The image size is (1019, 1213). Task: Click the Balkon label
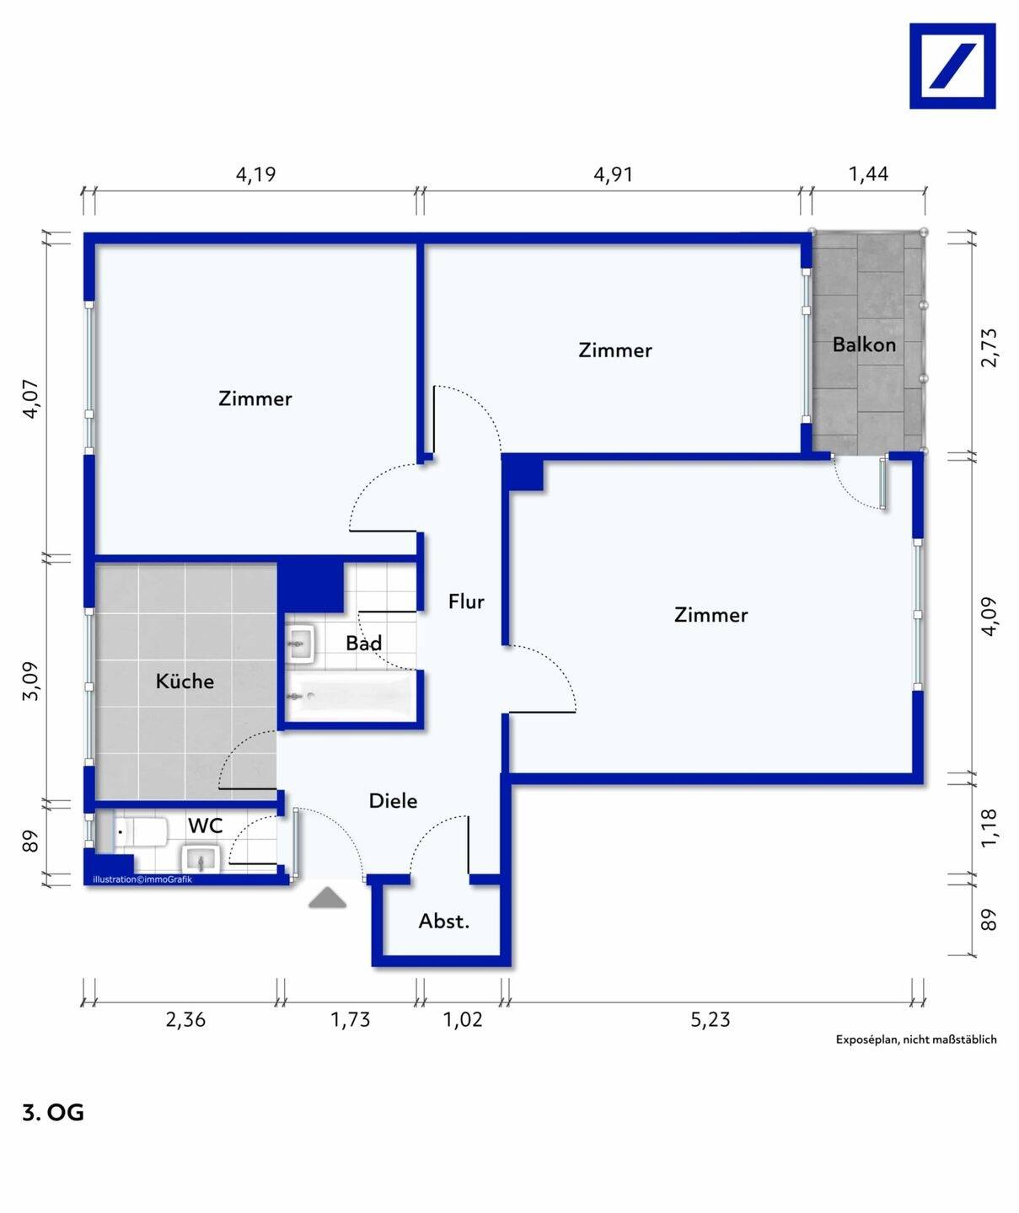864,345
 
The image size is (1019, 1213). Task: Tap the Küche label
185,681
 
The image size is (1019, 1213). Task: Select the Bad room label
364,643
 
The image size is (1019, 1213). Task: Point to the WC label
205,826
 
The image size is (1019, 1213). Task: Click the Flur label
466,601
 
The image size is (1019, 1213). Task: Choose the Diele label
393,801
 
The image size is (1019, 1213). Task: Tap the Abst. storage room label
444,922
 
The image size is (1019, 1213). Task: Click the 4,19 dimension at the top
255,174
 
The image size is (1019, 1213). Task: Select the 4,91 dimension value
614,174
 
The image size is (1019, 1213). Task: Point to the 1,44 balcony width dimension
869,174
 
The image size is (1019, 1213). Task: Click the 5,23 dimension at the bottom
711,1019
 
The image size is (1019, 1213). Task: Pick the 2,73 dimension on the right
989,348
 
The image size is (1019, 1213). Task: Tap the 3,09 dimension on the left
30,681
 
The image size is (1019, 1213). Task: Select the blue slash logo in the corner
952,66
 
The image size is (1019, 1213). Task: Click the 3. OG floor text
53,1113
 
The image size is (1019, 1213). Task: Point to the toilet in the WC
142,832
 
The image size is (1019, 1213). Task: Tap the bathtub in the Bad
351,696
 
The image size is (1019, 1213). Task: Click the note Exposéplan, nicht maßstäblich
916,1039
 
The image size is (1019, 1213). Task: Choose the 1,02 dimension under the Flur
464,1019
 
